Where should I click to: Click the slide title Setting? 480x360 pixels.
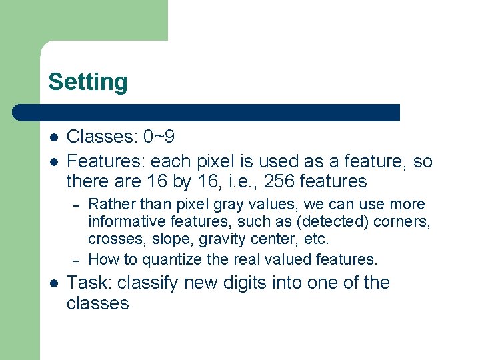(x=87, y=82)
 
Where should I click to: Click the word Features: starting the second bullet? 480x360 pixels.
(x=106, y=161)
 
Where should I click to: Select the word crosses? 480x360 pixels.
(x=113, y=239)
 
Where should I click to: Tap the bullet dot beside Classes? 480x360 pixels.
(x=53, y=138)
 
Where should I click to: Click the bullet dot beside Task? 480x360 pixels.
(x=53, y=283)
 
